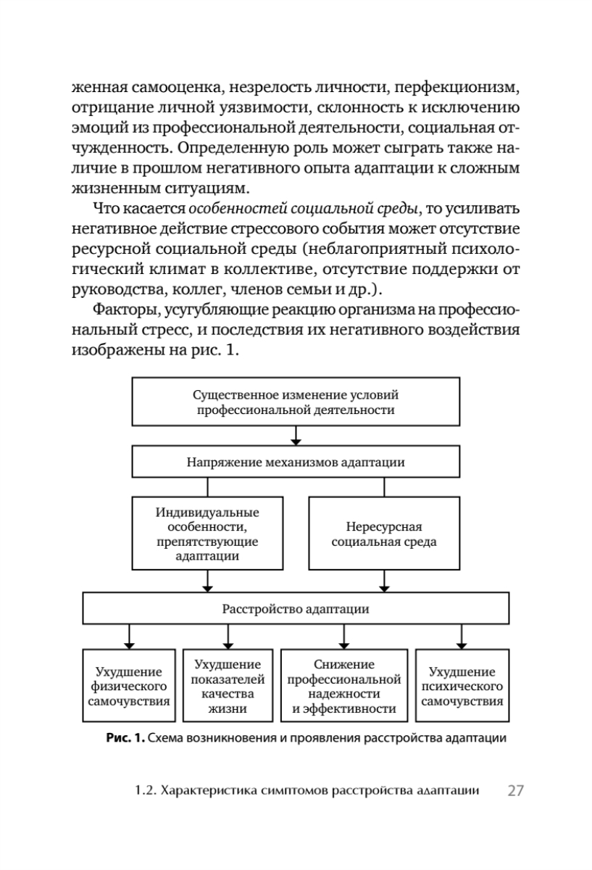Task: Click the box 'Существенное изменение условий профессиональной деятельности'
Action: click(x=296, y=402)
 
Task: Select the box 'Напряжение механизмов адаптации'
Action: click(x=296, y=461)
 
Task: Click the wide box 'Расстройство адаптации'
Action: click(x=296, y=609)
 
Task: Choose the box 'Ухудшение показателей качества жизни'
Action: click(x=228, y=687)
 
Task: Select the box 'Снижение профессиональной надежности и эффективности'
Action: click(x=343, y=687)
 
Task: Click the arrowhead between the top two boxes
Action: click(x=296, y=441)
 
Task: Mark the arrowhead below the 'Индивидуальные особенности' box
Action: click(x=208, y=587)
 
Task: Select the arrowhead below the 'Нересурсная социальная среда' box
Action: click(x=384, y=587)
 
